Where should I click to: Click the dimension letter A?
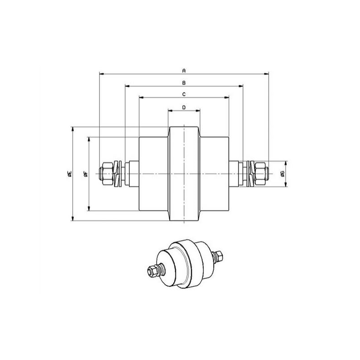[x=184, y=71]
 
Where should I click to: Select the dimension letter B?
[x=184, y=83]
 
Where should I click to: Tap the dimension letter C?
[x=184, y=94]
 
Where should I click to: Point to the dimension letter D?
[x=184, y=107]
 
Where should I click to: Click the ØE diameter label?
[x=70, y=174]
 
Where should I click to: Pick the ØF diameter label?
[x=86, y=174]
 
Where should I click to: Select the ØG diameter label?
[x=283, y=174]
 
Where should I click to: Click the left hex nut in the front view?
[x=107, y=174]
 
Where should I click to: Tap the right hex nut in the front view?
[x=260, y=174]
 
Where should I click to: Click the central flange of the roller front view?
[x=184, y=174]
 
